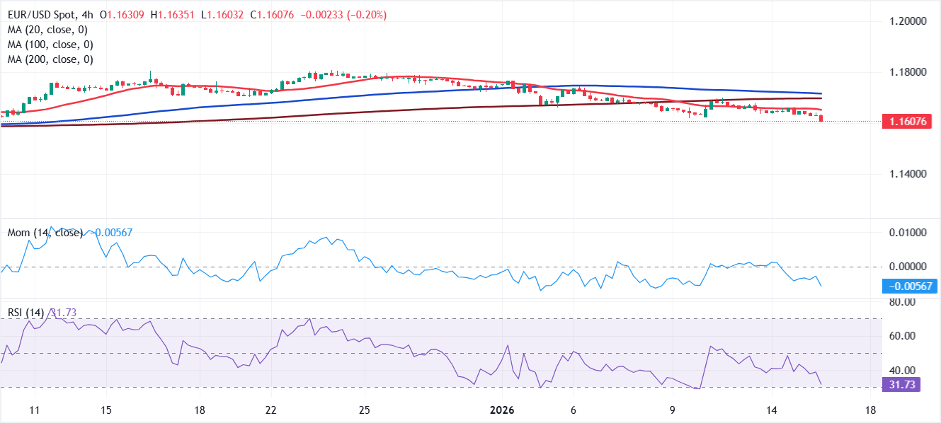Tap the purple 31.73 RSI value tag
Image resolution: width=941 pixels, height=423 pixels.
pyautogui.click(x=901, y=385)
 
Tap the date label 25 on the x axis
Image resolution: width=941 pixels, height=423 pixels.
pyautogui.click(x=364, y=410)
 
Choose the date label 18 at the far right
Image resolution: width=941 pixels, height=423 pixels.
pyautogui.click(x=870, y=410)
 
